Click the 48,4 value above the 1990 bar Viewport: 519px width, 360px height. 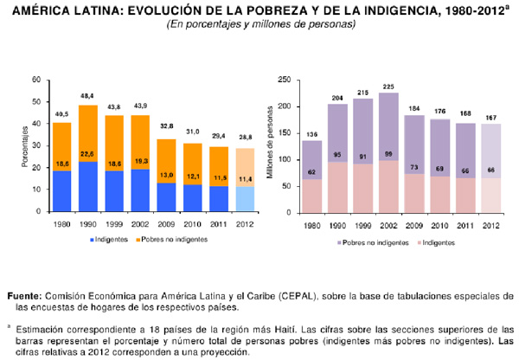point(88,96)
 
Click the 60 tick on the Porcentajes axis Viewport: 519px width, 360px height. point(35,80)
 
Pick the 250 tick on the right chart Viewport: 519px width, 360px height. point(281,80)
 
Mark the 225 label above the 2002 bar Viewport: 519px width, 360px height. point(388,86)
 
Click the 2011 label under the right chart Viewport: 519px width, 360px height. point(465,227)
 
